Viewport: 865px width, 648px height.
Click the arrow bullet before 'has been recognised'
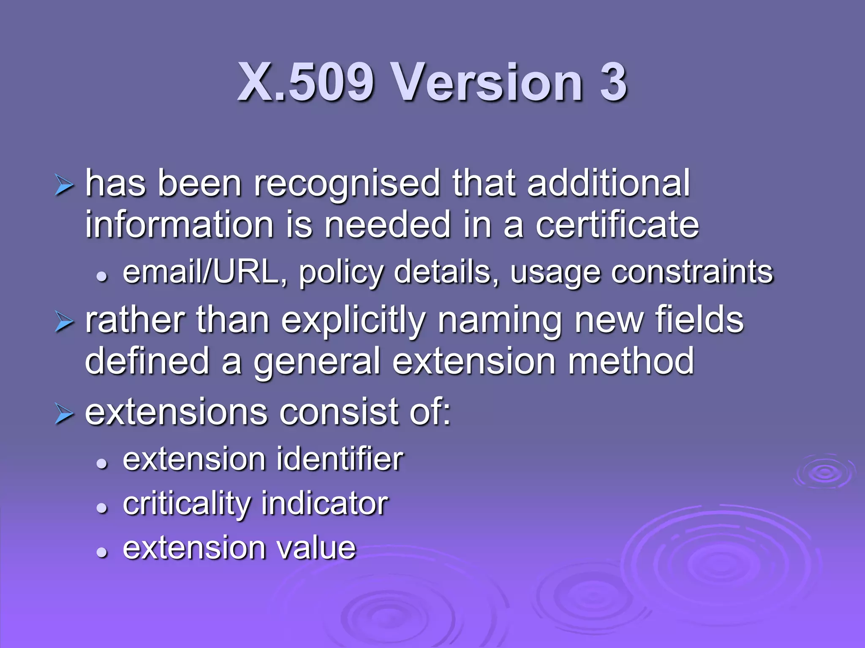pyautogui.click(x=65, y=186)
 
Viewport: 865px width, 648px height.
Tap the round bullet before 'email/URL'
pyautogui.click(x=102, y=277)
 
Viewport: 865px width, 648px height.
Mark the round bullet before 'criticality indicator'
pyautogui.click(x=102, y=508)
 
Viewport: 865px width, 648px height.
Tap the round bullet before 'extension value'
pyautogui.click(x=102, y=552)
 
